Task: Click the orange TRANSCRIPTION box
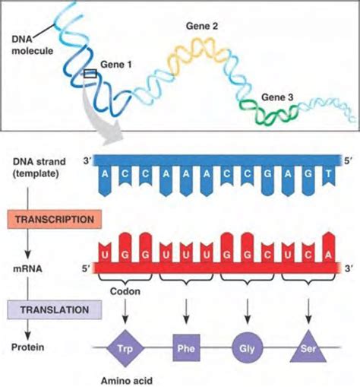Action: coord(52,220)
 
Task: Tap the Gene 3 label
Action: coord(276,97)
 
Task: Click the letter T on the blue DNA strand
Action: coord(327,174)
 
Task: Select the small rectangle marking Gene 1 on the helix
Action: coord(89,74)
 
